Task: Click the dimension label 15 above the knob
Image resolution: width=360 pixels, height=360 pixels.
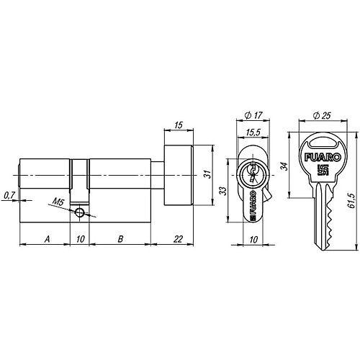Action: click(x=179, y=127)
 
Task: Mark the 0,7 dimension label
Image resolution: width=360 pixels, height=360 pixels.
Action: click(x=8, y=196)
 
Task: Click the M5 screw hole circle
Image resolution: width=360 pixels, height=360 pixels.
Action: click(x=80, y=213)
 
